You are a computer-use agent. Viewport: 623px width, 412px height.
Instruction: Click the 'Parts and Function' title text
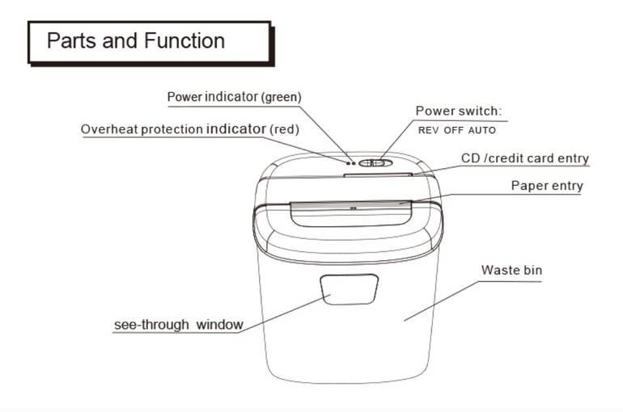[x=136, y=41]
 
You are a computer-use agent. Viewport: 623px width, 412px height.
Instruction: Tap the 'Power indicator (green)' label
[x=235, y=97]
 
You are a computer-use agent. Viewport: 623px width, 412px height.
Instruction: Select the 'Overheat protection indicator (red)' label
[x=190, y=129]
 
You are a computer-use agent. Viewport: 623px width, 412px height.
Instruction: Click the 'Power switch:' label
[x=459, y=111]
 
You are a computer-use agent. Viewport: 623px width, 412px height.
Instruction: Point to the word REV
[x=428, y=130]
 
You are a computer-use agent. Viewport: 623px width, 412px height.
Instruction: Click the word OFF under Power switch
[x=453, y=130]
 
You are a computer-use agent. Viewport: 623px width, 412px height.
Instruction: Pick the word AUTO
[x=482, y=130]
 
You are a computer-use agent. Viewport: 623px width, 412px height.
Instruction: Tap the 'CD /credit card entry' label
[x=525, y=158]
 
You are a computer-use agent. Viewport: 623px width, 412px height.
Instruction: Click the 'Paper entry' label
[x=547, y=186]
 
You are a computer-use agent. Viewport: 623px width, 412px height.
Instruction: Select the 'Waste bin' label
[x=511, y=270]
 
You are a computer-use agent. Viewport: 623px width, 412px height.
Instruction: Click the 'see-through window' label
[x=178, y=325]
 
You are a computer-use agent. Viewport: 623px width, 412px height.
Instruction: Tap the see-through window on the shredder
[x=350, y=289]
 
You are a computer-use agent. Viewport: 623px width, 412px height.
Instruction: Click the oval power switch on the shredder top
[x=375, y=163]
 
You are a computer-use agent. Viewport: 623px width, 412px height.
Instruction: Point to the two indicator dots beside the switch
[x=351, y=163]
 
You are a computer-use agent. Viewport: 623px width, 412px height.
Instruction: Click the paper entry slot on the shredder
[x=351, y=204]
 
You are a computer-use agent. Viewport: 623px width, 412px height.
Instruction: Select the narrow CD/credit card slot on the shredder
[x=378, y=174]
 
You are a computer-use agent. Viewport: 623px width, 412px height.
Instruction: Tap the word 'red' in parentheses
[x=285, y=130]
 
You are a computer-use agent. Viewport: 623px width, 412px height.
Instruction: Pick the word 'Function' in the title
[x=184, y=41]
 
